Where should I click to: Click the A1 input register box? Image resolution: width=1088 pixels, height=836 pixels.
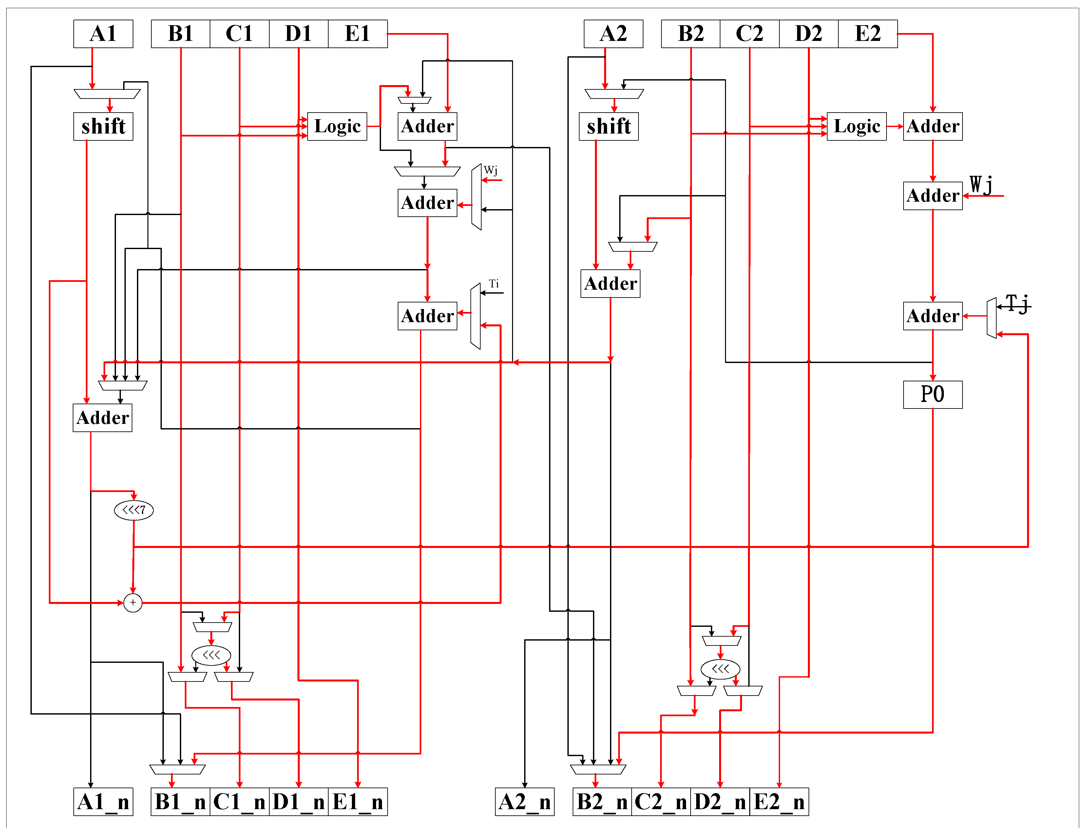tap(103, 34)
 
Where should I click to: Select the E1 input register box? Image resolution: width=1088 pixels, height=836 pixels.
tap(357, 34)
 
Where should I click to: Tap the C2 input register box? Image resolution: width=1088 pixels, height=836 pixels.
tap(749, 34)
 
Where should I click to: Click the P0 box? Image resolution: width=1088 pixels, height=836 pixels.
tap(932, 395)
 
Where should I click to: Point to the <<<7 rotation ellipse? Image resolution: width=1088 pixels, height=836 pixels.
tap(133, 510)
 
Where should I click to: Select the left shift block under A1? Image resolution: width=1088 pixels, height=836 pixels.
tap(103, 126)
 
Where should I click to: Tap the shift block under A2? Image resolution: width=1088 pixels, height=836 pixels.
tap(608, 126)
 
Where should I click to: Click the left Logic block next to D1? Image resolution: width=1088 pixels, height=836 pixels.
tap(337, 126)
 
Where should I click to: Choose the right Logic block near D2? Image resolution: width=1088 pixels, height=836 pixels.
tap(856, 126)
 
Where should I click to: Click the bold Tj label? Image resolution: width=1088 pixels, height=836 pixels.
tap(1017, 303)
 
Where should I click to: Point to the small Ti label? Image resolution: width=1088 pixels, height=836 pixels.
tap(493, 284)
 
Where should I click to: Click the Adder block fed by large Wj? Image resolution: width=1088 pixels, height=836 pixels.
tap(932, 195)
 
